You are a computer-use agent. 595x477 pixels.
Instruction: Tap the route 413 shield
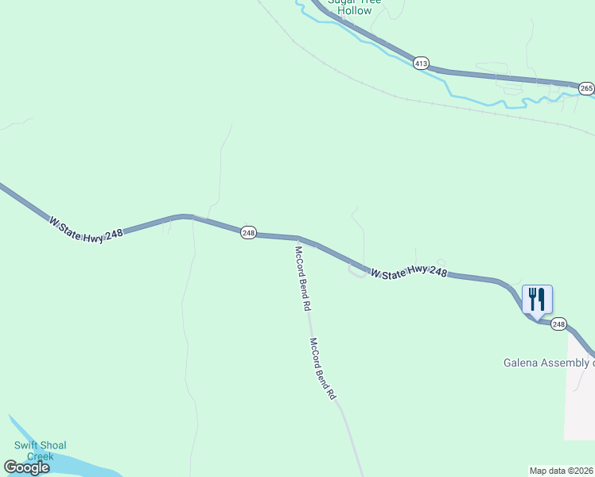[421, 63]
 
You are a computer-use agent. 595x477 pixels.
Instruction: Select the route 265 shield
[585, 88]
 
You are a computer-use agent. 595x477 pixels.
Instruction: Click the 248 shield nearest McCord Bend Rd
[248, 232]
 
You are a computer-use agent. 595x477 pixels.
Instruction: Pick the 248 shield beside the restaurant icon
[558, 324]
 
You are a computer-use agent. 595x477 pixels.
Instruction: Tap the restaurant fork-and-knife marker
[537, 299]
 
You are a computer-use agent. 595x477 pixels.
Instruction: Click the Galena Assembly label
[548, 363]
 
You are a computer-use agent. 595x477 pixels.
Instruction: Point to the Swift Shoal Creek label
[41, 451]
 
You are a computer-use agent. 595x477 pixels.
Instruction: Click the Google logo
[26, 467]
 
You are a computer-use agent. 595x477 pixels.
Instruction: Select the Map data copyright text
[562, 471]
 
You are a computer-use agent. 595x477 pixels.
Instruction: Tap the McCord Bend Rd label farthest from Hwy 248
[323, 369]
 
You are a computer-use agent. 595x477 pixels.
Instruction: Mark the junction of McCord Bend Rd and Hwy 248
[298, 238]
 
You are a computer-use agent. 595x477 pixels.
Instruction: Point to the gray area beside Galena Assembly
[580, 397]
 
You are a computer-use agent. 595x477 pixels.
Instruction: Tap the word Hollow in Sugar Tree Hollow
[354, 11]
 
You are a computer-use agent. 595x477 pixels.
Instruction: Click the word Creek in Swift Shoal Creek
[41, 456]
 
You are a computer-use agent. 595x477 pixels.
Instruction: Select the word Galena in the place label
[522, 363]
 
